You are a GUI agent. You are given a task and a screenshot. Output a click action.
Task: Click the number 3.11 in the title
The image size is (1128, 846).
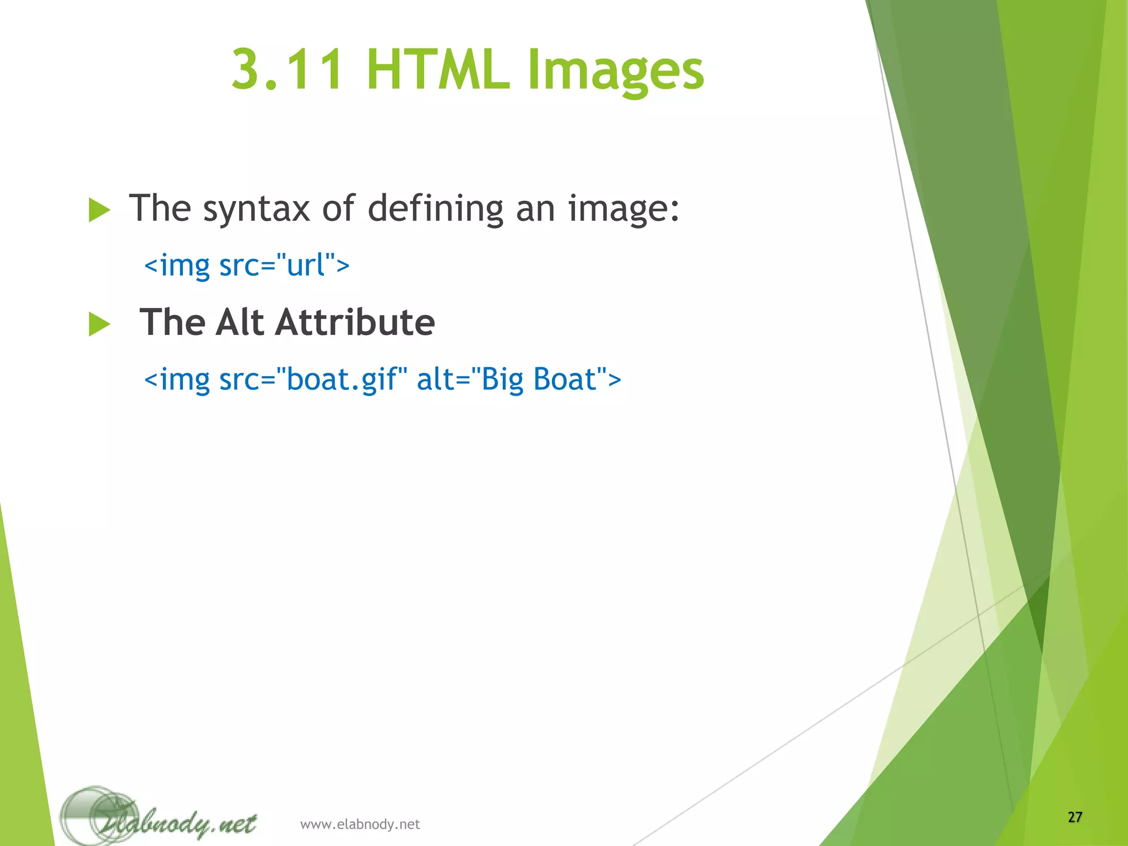(288, 70)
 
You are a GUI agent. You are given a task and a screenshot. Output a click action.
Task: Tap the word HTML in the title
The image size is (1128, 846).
(438, 70)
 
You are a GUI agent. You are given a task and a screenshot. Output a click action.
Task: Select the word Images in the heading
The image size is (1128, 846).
(616, 72)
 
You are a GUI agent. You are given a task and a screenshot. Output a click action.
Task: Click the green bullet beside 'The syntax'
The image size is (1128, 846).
(99, 210)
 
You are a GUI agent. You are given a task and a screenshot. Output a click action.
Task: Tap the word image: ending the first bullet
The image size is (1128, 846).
(624, 209)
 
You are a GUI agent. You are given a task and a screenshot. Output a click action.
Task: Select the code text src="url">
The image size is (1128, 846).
(284, 265)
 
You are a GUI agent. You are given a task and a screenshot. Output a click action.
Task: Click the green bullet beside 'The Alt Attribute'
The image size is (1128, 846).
(99, 324)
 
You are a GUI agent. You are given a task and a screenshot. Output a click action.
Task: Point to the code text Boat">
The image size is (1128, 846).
(577, 379)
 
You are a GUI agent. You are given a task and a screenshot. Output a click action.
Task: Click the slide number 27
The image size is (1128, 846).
(1075, 817)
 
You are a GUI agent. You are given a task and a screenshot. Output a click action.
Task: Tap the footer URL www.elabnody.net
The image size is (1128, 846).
(360, 824)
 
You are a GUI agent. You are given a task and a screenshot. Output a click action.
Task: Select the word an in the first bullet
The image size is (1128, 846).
(535, 209)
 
